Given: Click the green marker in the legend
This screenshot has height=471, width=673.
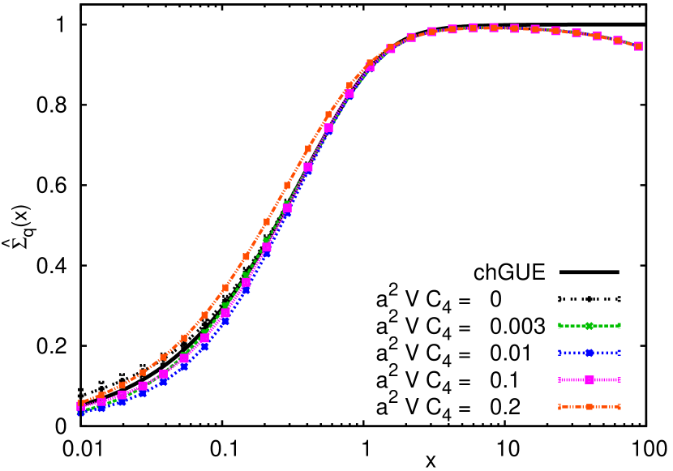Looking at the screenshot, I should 589,326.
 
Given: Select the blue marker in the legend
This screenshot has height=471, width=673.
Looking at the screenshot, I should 589,353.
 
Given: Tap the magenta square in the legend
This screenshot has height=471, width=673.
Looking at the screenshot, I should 589,379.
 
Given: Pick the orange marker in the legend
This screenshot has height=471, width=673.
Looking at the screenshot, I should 589,407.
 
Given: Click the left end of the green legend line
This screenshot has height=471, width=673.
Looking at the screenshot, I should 559,326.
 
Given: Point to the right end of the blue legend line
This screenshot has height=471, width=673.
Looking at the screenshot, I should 619,353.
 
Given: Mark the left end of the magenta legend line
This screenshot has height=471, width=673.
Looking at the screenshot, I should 559,379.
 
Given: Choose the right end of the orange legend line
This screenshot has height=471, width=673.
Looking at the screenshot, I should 619,407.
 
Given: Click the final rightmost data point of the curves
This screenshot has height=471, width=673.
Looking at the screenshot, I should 638,46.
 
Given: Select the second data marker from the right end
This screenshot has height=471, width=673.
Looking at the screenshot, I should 618,41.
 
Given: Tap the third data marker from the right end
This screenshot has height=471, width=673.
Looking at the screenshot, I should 597,36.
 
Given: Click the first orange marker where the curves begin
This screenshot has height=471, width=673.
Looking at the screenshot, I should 80,403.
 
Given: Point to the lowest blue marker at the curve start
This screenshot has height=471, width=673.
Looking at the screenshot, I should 80,411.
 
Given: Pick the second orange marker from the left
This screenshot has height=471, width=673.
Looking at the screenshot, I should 101,395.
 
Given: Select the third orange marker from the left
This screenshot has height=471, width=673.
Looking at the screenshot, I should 122,385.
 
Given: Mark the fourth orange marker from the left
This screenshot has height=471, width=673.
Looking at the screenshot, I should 143,372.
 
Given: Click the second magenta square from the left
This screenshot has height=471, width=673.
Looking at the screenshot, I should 101,402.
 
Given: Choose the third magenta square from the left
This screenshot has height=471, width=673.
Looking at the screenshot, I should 122,396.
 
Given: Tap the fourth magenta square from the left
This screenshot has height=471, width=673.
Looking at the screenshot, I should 143,387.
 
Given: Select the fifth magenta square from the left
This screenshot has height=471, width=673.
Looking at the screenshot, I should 163,375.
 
